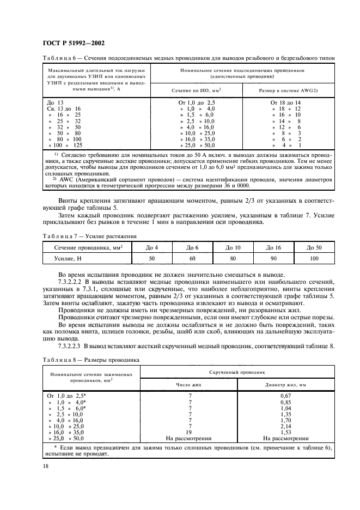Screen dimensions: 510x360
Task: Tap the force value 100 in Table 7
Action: point(314,259)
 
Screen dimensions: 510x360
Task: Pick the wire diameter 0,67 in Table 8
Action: point(286,395)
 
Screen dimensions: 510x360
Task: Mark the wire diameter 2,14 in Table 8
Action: point(286,425)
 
